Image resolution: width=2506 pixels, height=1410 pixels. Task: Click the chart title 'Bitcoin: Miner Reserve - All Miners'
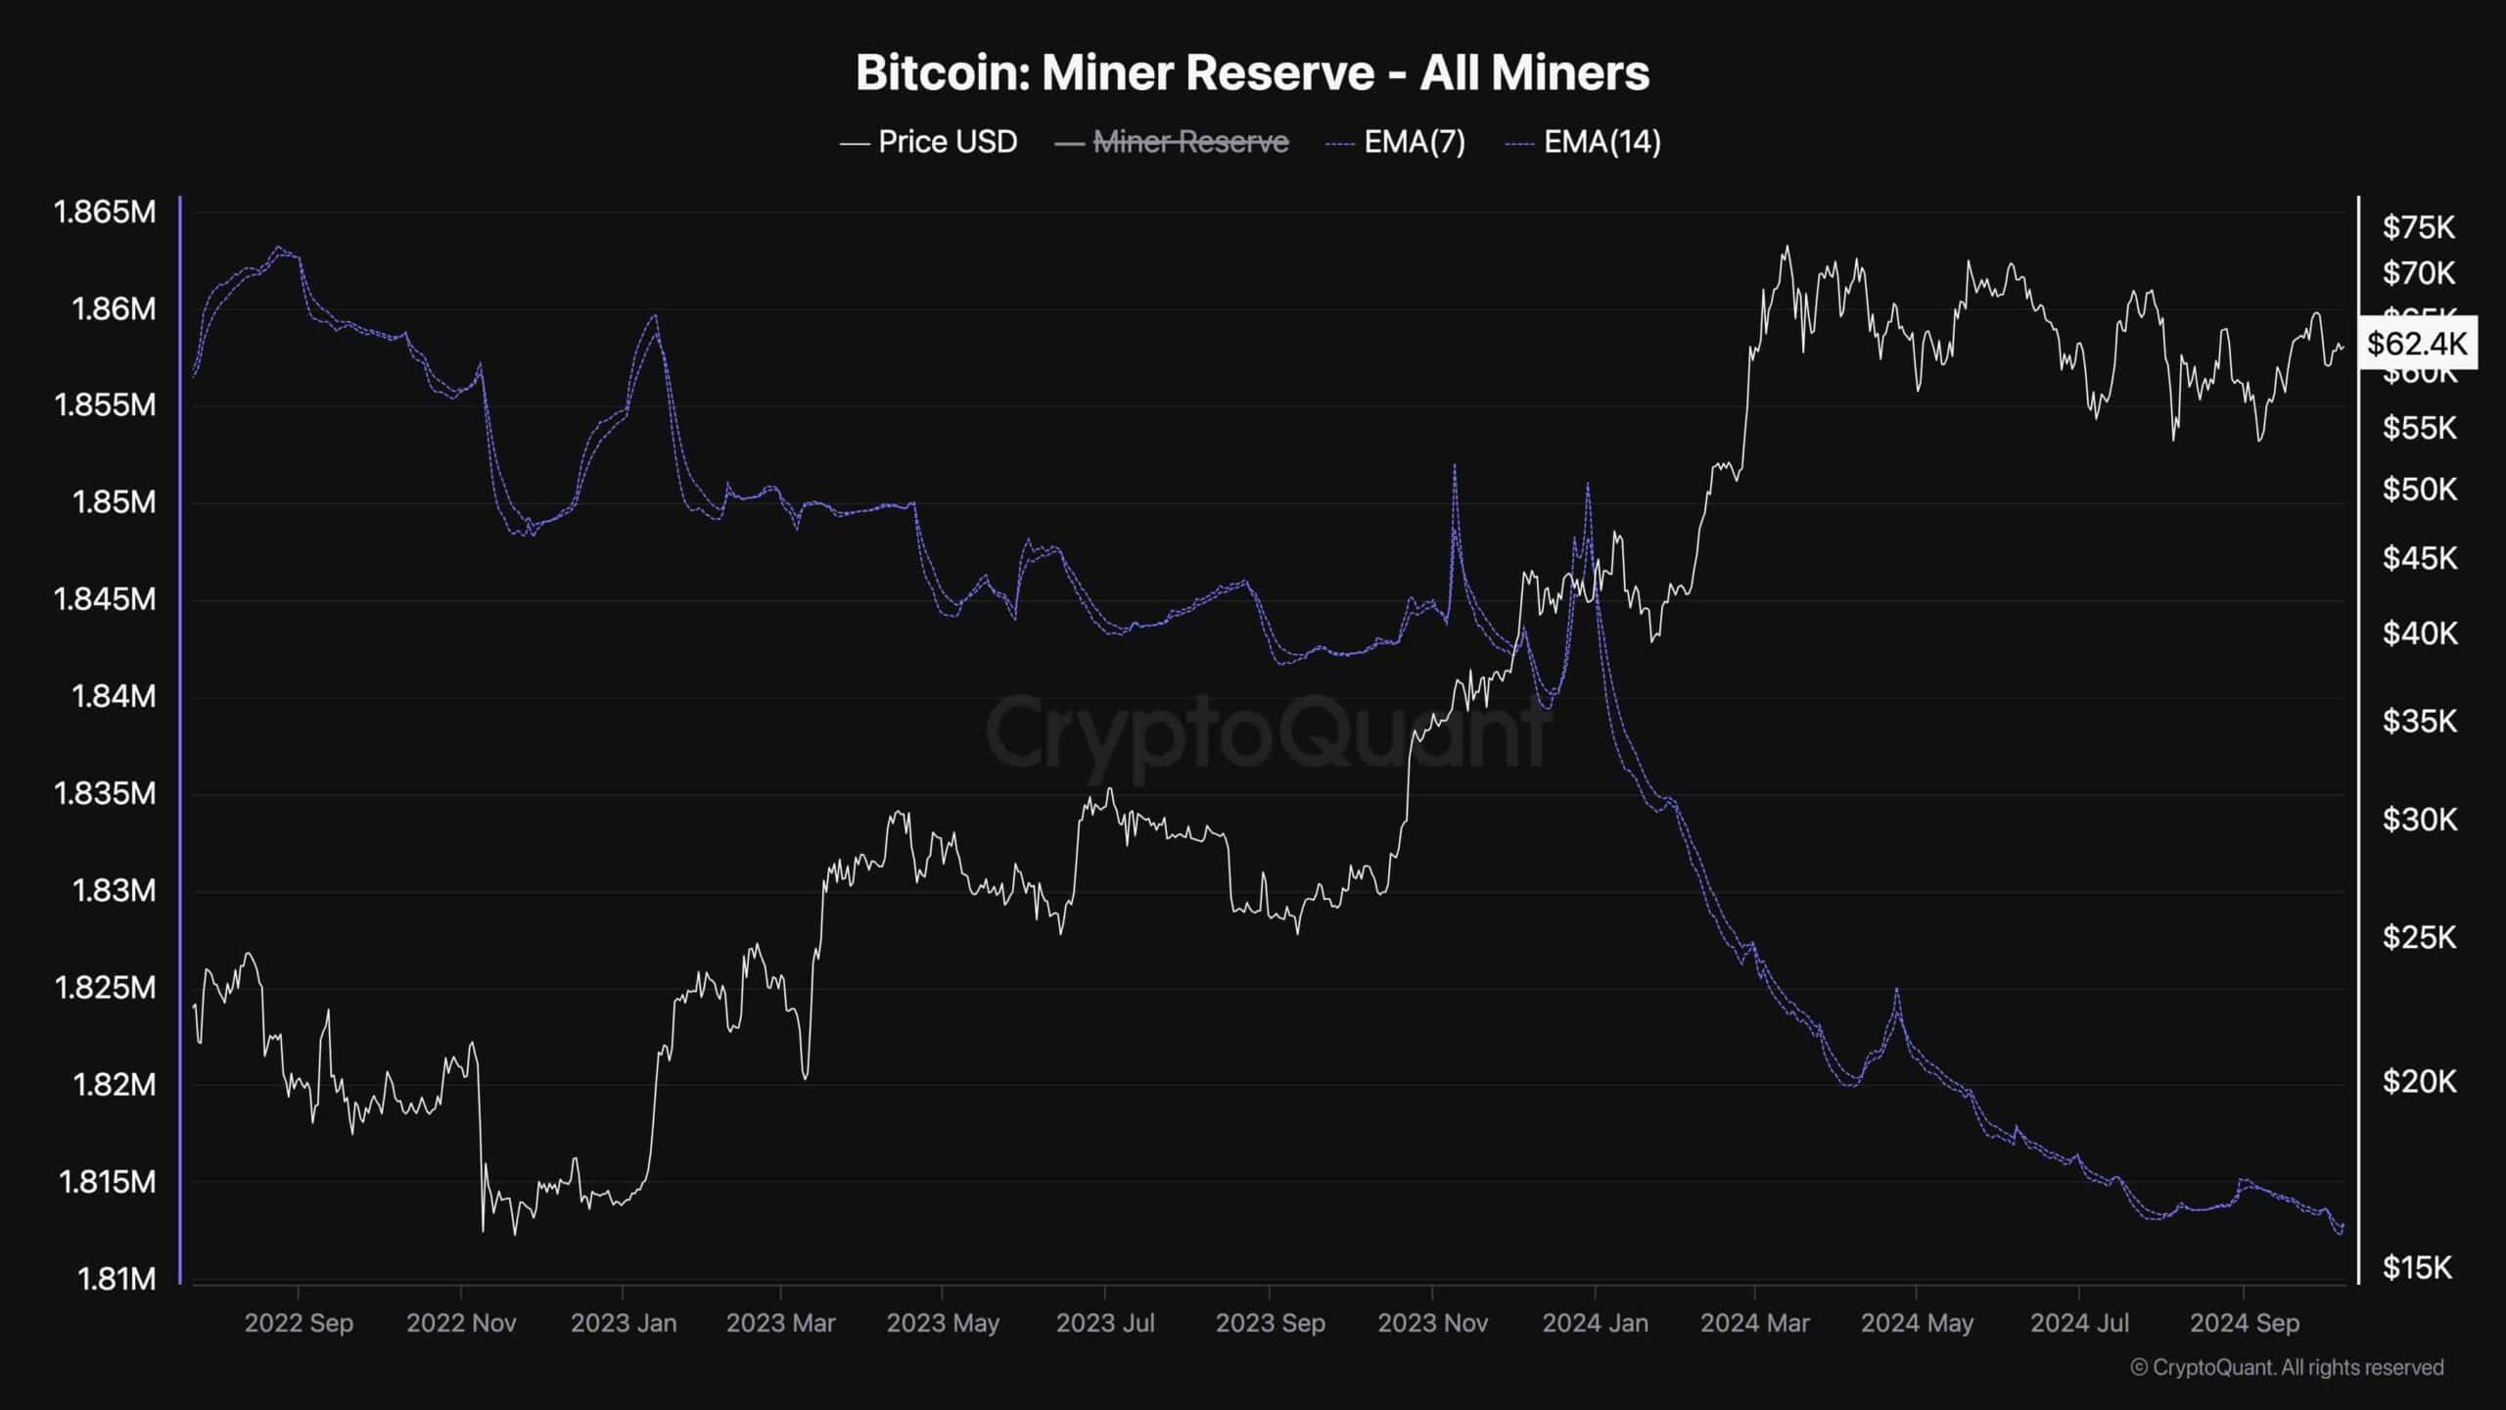point(1252,73)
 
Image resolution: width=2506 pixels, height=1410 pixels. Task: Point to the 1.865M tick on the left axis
point(104,211)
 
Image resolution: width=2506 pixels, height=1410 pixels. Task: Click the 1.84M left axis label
point(113,696)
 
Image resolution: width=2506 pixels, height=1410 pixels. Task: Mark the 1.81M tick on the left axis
point(116,1278)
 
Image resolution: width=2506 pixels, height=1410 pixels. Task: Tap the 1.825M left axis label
point(104,987)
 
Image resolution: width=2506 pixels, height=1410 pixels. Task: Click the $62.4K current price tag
point(2417,343)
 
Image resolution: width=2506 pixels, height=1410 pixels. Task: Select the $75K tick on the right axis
point(2418,228)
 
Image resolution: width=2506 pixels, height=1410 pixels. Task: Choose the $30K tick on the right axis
point(2419,819)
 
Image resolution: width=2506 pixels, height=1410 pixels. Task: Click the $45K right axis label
point(2419,558)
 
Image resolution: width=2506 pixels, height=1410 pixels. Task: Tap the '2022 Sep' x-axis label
point(299,1323)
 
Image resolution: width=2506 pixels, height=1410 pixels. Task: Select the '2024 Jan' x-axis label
point(1595,1323)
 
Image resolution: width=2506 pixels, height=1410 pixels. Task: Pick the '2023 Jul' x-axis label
point(1105,1323)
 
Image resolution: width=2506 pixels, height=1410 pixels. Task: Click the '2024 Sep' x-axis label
point(2244,1323)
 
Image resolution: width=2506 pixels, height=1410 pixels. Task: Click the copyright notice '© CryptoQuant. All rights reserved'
point(2287,1367)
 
